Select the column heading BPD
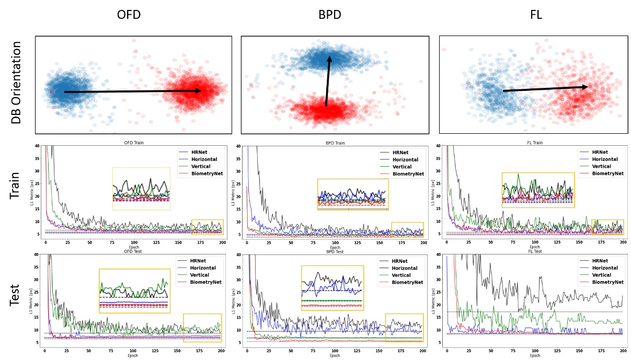(x=329, y=14)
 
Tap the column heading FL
(x=535, y=14)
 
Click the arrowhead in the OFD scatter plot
(x=198, y=91)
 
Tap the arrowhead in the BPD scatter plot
(x=329, y=59)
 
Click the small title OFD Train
(x=133, y=143)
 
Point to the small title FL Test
(x=534, y=251)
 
